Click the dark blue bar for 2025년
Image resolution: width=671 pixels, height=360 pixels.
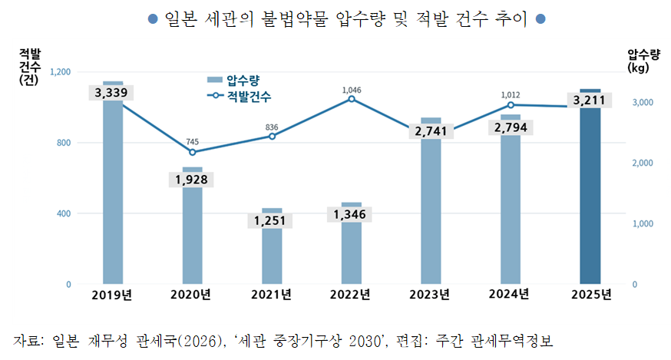coord(590,187)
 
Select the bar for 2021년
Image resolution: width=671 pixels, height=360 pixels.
coord(273,246)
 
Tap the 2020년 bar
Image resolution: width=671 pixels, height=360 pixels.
coord(193,226)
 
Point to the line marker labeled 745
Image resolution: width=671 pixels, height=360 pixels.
coord(193,152)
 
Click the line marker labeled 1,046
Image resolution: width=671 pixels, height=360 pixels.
coord(352,99)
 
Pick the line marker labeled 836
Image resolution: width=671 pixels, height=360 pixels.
coord(273,136)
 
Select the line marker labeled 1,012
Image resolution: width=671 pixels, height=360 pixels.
coord(511,105)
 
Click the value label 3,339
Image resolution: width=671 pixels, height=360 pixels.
coord(111,92)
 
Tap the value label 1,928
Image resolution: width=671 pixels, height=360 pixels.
coord(191,180)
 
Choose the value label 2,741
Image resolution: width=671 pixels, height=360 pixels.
coord(431,131)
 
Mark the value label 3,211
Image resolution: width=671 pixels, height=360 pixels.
coord(590,100)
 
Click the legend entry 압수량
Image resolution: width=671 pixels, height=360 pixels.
coord(233,80)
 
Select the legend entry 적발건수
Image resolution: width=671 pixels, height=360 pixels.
coord(239,96)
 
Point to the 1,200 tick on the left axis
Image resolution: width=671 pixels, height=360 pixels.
coord(61,72)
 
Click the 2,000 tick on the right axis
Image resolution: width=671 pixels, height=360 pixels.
coord(643,163)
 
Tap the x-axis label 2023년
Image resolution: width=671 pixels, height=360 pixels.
coord(430,295)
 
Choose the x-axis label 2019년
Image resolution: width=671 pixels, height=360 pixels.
coord(111,295)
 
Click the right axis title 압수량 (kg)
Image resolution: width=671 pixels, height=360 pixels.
coord(643,61)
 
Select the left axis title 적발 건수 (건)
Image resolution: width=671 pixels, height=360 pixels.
coord(29,67)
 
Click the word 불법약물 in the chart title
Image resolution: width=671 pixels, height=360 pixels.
coord(295,19)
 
